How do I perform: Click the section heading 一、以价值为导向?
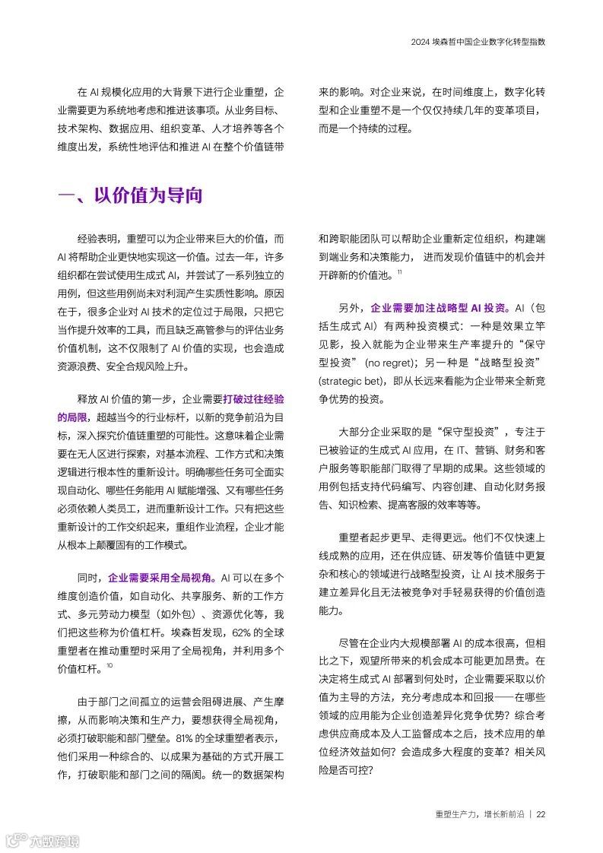(x=130, y=195)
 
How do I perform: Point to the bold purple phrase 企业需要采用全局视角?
(x=160, y=577)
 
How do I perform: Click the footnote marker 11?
(x=399, y=272)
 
